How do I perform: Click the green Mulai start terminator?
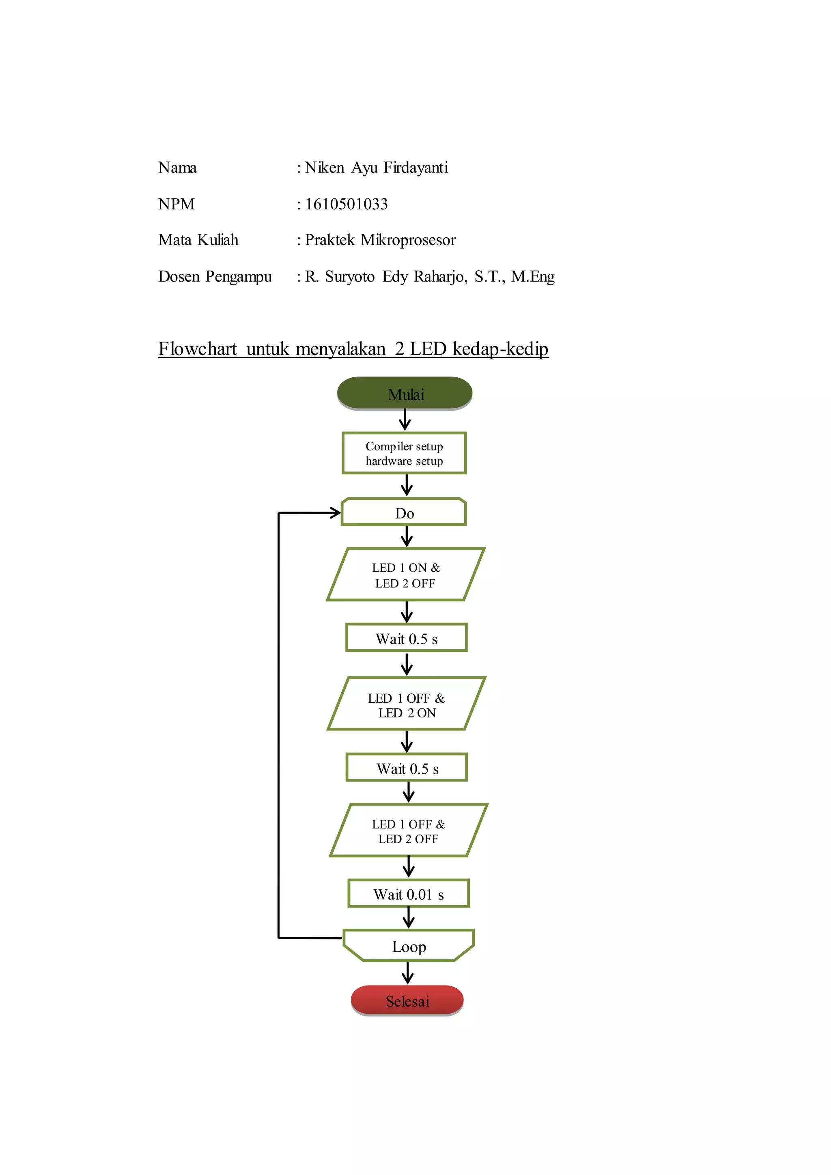[x=404, y=393]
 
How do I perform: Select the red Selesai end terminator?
[x=407, y=1001]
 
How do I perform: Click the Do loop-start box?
[x=404, y=512]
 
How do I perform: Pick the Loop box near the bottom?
[x=408, y=946]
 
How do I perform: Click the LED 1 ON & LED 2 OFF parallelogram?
[x=405, y=575]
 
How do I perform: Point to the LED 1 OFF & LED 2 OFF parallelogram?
[x=408, y=831]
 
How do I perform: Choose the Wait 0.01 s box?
[x=408, y=893]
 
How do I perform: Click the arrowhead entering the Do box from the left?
[x=335, y=512]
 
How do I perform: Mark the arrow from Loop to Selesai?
[x=407, y=973]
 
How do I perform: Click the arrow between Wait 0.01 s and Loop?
[x=408, y=918]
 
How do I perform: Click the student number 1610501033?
[x=347, y=204]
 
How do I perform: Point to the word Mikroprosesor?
[x=408, y=240]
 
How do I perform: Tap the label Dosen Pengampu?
[x=215, y=277]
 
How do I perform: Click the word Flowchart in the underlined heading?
[x=198, y=349]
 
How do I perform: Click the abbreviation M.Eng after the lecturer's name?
[x=533, y=277]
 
